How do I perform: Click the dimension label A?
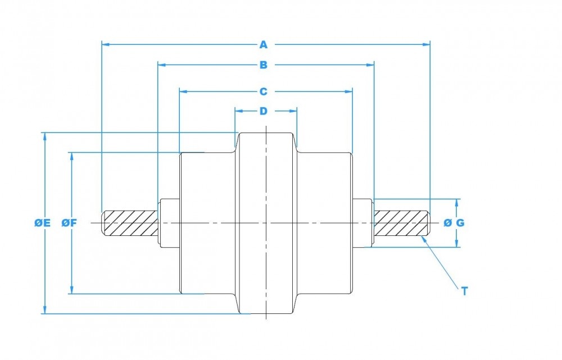(x=264, y=43)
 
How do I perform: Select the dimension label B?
(x=264, y=65)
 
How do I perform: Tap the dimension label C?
(x=264, y=90)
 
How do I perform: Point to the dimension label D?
(x=264, y=111)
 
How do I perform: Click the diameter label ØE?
(x=42, y=223)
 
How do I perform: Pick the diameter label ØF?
(x=69, y=223)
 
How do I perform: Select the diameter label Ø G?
(x=454, y=223)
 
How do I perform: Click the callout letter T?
(x=464, y=291)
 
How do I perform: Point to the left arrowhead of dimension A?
(x=105, y=43)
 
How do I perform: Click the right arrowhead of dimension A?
(x=427, y=43)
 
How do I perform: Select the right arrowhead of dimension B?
(x=370, y=65)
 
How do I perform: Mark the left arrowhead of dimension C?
(x=183, y=90)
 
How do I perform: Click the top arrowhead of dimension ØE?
(x=44, y=136)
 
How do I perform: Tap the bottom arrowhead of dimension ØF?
(x=71, y=290)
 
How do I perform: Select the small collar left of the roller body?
(x=169, y=223)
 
